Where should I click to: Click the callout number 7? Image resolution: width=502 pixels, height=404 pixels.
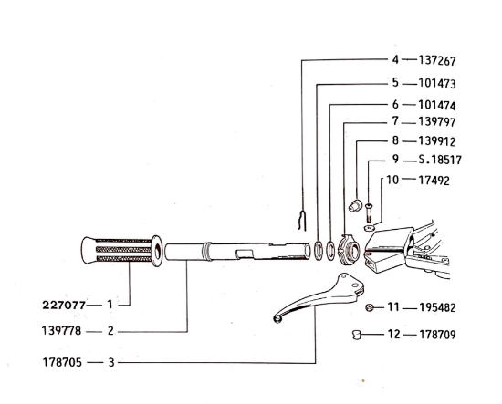[396, 121]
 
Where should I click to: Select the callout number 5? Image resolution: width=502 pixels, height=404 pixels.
[396, 83]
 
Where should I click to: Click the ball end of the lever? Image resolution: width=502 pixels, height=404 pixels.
[277, 318]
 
